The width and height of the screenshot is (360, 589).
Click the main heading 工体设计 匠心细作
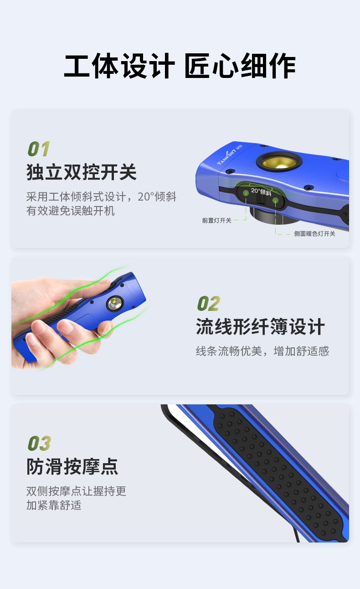tap(180, 66)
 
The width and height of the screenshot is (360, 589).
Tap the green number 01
tap(39, 149)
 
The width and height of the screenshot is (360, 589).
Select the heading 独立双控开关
tap(81, 172)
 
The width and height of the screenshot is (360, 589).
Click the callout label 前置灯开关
tap(217, 220)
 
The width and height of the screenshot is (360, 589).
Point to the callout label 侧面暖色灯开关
tap(314, 233)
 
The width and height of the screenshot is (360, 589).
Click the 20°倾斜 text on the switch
tap(261, 191)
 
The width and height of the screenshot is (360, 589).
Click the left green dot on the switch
tap(246, 193)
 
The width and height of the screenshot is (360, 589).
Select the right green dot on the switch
tap(275, 200)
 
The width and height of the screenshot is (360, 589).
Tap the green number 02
tap(208, 304)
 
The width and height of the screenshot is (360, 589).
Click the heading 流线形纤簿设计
tap(260, 327)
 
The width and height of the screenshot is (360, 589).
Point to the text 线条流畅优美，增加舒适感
tap(262, 351)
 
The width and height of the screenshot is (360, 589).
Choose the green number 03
tap(39, 443)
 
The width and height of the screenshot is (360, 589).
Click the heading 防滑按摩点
tap(72, 466)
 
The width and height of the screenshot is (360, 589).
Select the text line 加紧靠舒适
tap(54, 505)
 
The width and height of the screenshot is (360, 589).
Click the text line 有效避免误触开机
tap(71, 211)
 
